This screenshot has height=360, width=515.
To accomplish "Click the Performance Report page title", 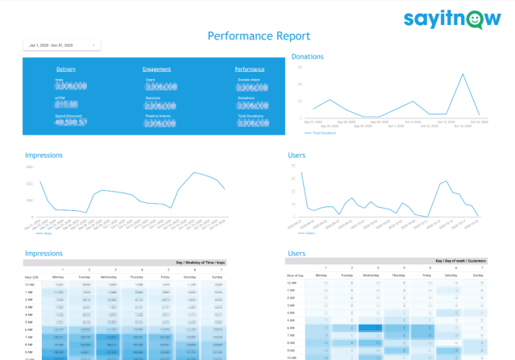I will coord(258,36).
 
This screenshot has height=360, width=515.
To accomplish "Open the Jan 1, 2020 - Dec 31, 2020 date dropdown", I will coord(62,46).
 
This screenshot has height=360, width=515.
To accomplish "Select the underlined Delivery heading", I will coord(66,69).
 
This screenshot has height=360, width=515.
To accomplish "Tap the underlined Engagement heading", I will coord(156,69).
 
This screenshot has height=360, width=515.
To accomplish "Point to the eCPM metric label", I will coord(60,98).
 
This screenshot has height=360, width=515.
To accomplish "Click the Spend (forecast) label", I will coord(67,117).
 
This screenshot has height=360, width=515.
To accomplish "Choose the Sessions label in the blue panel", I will coord(152,98).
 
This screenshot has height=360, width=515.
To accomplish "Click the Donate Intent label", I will coord(249,81).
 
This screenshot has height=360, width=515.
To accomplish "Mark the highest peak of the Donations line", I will coord(463,75).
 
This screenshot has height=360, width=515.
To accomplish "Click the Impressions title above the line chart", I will coord(44,155).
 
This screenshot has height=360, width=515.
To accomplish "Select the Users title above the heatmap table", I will coord(296,253).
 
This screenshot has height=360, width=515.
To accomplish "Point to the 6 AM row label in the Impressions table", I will coord(29,329).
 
